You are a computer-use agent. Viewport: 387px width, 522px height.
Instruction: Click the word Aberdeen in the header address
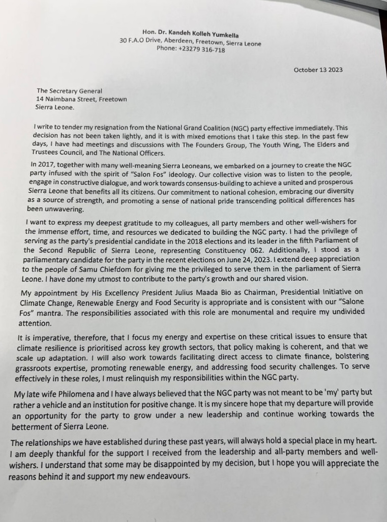[x=169, y=43]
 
